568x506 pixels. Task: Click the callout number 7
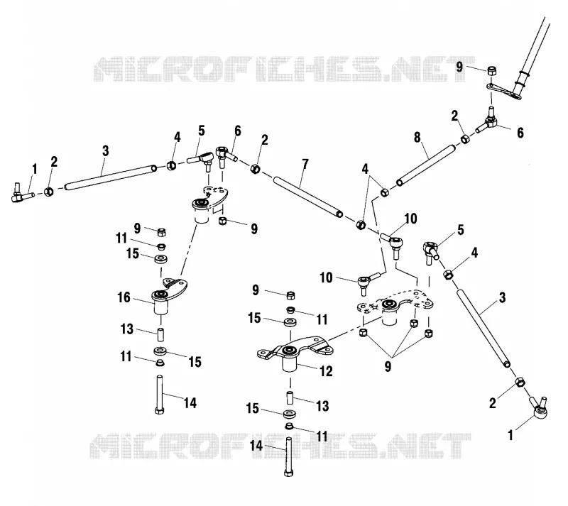point(305,164)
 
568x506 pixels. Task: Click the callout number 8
point(417,137)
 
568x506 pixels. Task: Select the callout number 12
point(326,371)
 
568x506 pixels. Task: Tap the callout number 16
point(124,297)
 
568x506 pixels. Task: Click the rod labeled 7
point(308,197)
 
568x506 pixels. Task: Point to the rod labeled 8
point(425,165)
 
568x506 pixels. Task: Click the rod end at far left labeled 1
point(22,194)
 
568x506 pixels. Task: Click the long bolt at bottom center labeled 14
point(288,456)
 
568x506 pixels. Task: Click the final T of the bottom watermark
point(457,446)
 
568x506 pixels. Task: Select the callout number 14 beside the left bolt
point(190,402)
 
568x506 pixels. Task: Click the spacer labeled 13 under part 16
point(160,334)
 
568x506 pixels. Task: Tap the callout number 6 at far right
point(520,133)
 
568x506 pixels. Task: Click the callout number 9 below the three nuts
point(388,367)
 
